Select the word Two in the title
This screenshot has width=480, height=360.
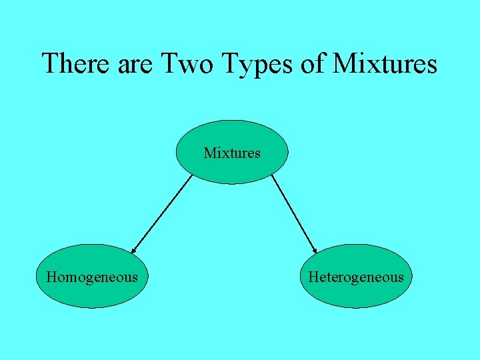(186, 64)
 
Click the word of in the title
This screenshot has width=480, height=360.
(313, 64)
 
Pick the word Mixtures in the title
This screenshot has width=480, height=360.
(385, 64)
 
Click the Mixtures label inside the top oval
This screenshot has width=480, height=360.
(232, 153)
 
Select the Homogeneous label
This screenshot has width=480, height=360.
(92, 277)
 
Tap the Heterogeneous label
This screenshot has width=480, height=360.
(356, 277)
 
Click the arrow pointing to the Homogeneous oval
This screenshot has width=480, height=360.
(162, 213)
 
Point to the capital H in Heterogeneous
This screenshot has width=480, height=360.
(313, 277)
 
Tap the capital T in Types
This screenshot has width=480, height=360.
(230, 64)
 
